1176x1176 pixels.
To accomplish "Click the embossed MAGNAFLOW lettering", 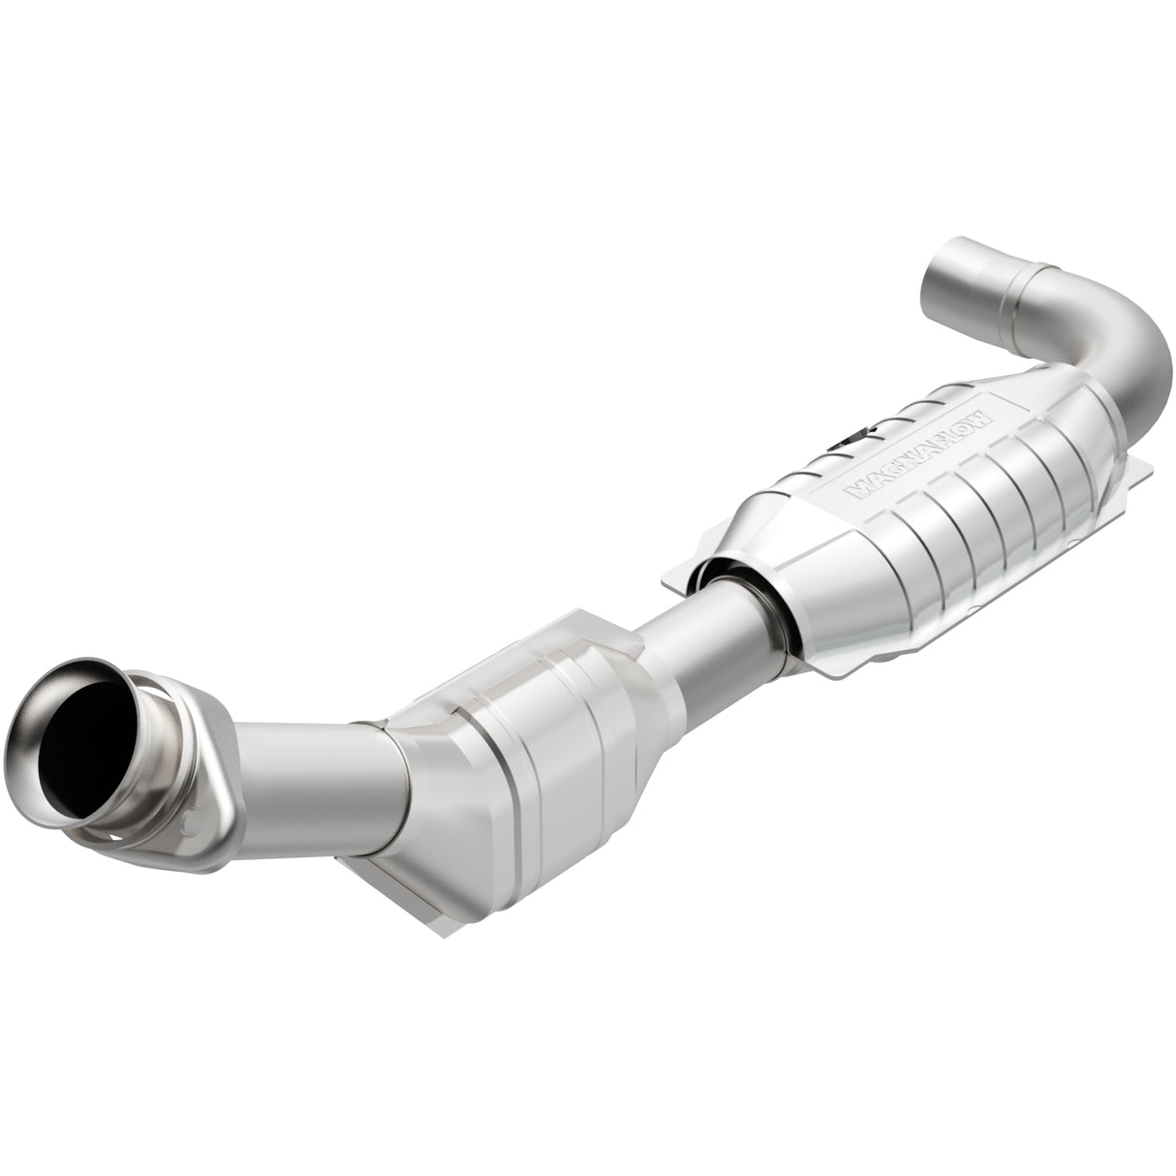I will (916, 452).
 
